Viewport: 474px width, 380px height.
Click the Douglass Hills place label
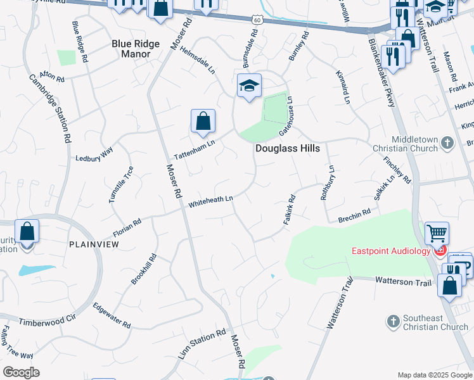click(x=287, y=148)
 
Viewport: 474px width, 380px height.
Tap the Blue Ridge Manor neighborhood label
click(x=131, y=49)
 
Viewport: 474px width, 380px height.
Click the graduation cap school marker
click(x=249, y=85)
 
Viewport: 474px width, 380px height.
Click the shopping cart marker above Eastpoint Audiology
click(x=437, y=234)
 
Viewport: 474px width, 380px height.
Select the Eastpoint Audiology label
click(x=390, y=251)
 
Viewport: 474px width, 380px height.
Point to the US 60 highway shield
click(x=256, y=20)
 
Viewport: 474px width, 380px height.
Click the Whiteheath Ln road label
click(x=211, y=201)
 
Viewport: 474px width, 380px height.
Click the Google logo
click(x=21, y=372)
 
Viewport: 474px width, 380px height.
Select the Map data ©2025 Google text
click(x=434, y=375)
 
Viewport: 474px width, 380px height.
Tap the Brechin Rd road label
click(x=354, y=213)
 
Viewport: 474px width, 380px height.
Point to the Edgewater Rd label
click(x=112, y=315)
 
